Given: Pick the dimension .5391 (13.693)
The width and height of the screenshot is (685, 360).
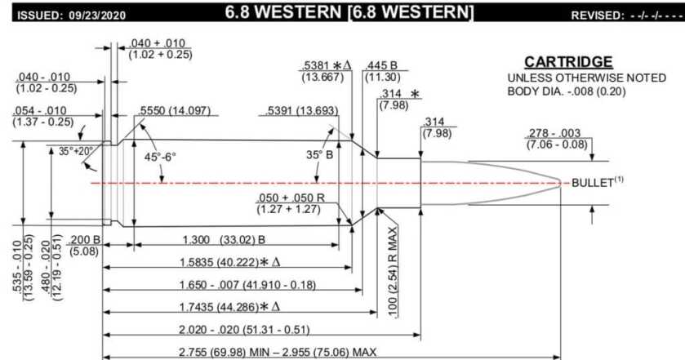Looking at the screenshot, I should [300, 110].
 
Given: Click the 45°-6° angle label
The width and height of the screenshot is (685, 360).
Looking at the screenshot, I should [161, 156].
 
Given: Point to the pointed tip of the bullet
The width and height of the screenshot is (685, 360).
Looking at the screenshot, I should [562, 183].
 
